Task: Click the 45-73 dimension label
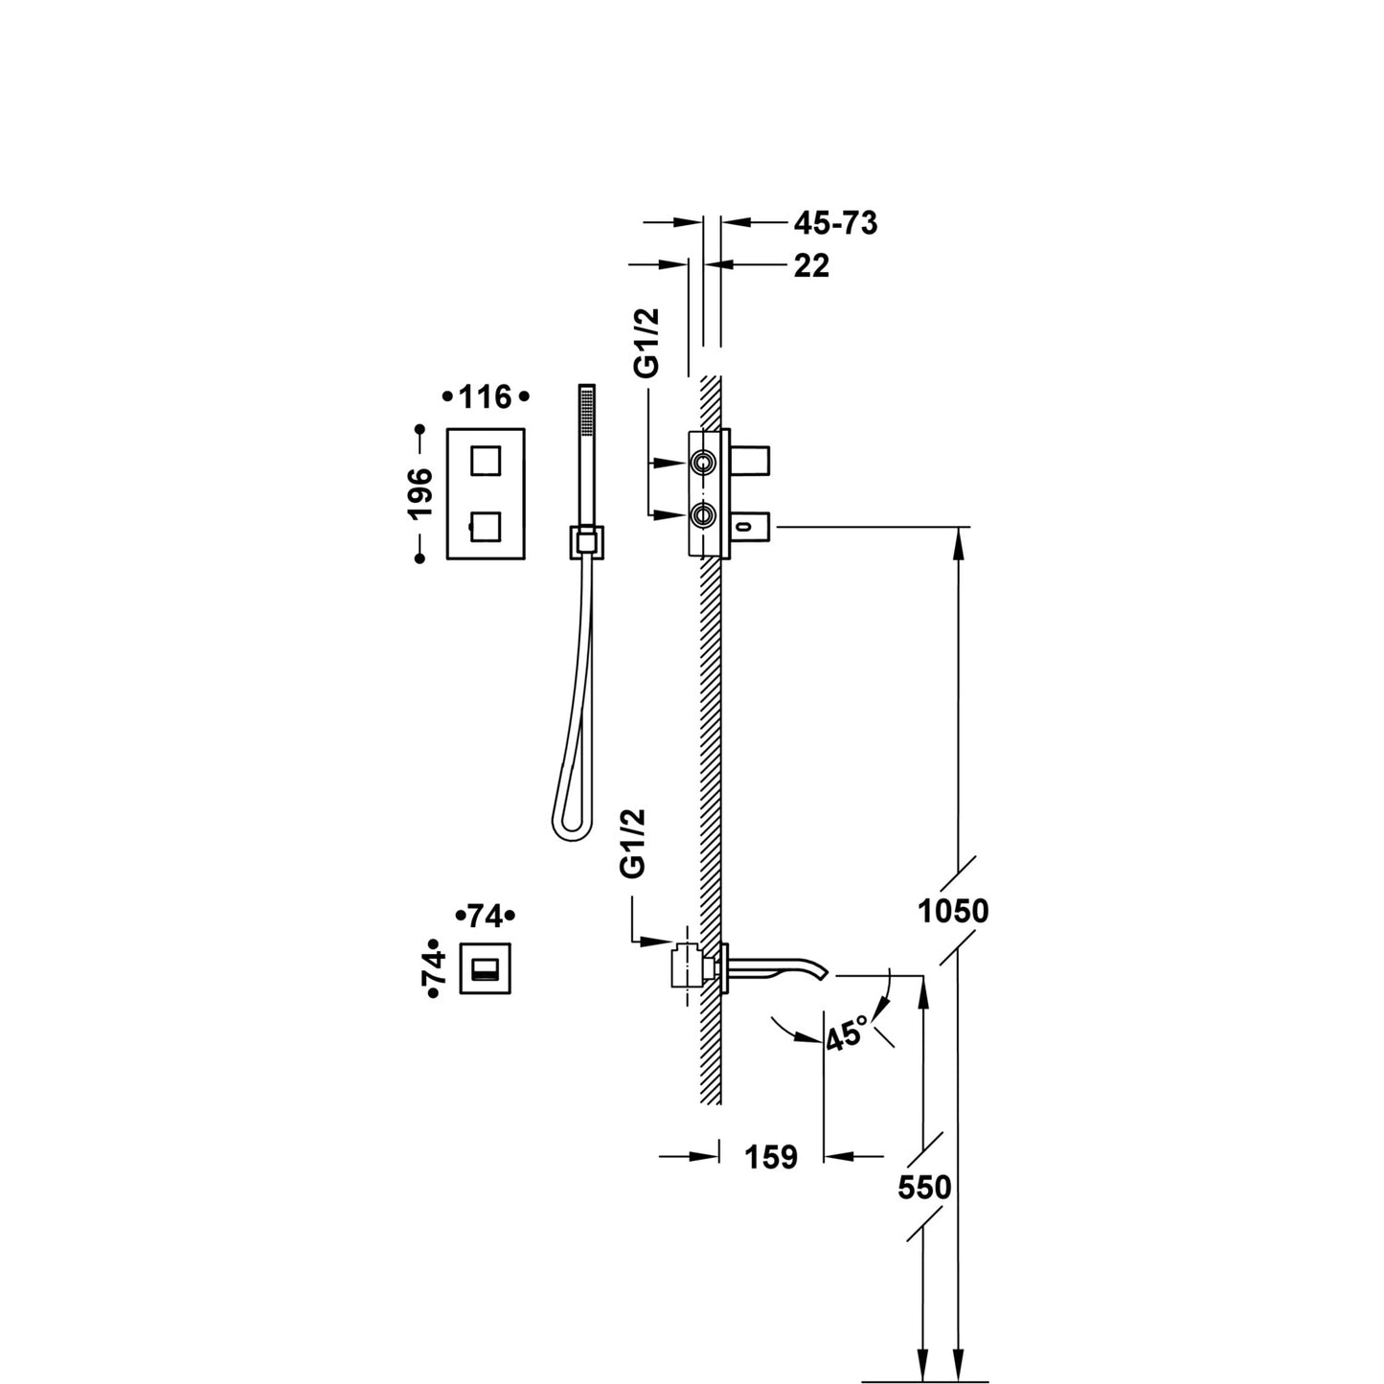[834, 223]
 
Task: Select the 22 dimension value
[811, 265]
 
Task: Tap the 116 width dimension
[486, 397]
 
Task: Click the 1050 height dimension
[952, 911]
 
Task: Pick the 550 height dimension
[924, 1188]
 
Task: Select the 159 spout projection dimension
[771, 1157]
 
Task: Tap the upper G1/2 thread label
[648, 343]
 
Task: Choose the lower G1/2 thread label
[633, 843]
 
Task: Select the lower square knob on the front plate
[486, 526]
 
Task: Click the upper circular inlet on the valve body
[704, 464]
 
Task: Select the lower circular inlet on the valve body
[704, 516]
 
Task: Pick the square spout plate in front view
[485, 967]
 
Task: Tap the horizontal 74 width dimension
[485, 917]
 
